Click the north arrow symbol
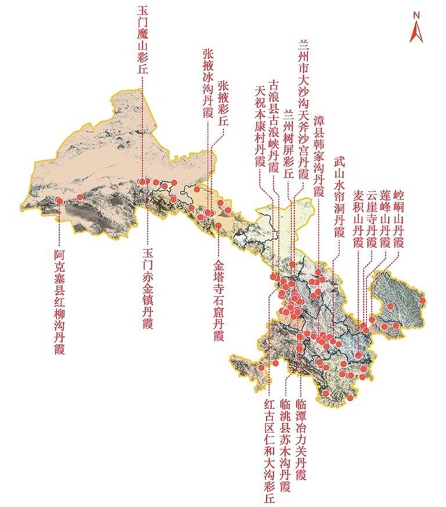pyautogui.click(x=417, y=28)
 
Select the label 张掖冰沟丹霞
pyautogui.click(x=207, y=83)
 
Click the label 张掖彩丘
pyautogui.click(x=223, y=102)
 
